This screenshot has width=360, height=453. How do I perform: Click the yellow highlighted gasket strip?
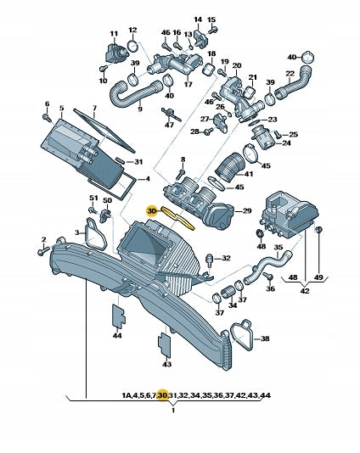coord(178,218)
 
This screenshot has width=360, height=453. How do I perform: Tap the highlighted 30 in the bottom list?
coord(162,395)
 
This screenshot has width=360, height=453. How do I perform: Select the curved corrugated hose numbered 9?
coord(135,93)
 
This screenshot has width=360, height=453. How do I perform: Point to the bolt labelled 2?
coord(43,251)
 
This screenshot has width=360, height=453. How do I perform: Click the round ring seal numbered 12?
coord(132,46)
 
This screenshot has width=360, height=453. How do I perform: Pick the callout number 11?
coord(115,34)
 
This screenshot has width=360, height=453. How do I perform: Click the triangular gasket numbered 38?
coord(241,335)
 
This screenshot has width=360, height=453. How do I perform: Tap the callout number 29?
coord(246,211)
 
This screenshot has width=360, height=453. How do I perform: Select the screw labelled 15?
coord(213,31)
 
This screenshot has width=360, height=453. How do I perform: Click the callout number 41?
coord(249,174)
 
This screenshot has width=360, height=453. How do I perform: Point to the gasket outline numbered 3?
coord(95,235)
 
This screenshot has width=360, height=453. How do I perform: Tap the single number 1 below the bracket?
coord(173,411)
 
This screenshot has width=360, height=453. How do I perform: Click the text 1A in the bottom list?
coord(127,395)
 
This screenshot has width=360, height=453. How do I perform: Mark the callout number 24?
coord(286,143)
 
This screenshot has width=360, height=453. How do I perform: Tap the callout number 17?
coord(188,85)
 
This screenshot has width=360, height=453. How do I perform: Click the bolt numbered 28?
coord(209,132)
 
